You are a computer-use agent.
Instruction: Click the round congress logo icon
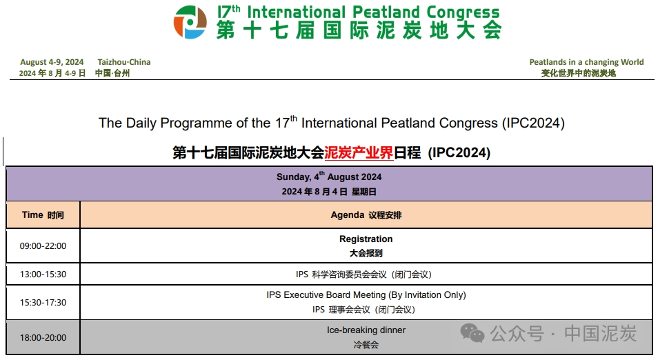[x=190, y=22]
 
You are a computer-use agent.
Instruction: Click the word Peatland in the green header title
[x=386, y=12]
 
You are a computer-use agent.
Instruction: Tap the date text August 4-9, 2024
[x=52, y=62]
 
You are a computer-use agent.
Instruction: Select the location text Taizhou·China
[x=124, y=62]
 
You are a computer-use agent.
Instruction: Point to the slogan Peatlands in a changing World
[x=586, y=62]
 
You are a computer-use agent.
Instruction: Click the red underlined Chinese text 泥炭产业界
[x=359, y=152]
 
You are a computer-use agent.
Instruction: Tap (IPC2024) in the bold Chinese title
[x=459, y=152]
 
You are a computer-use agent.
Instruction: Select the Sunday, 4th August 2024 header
[x=329, y=177]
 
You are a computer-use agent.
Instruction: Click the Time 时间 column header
[x=43, y=214]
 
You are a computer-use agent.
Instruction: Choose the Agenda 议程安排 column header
[x=366, y=214]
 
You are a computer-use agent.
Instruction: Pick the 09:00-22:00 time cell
[x=43, y=246]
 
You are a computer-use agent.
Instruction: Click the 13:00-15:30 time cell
[x=43, y=274]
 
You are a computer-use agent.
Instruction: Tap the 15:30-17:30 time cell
[x=43, y=303]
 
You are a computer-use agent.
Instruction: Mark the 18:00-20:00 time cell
[x=43, y=338]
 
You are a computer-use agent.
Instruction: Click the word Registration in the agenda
[x=366, y=239]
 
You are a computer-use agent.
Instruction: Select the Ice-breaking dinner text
[x=366, y=330]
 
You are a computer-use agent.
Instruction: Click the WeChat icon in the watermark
[x=472, y=334]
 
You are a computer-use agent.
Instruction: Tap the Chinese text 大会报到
[x=366, y=253]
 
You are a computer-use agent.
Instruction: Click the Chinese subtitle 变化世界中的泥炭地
[x=578, y=73]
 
